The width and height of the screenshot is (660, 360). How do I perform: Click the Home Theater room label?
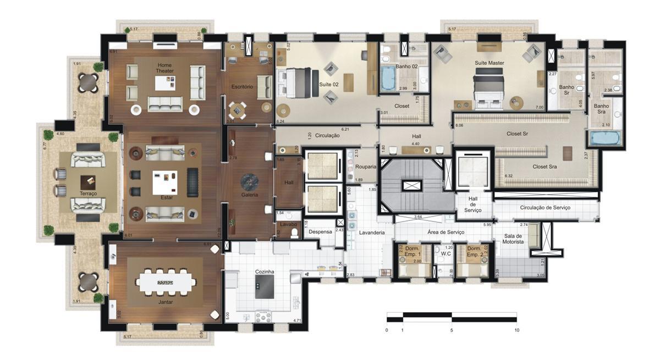click(x=164, y=68)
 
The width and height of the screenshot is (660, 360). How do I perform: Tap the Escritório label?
click(x=242, y=87)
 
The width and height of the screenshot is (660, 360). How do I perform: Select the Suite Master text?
click(x=490, y=63)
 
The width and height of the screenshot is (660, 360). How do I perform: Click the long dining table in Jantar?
click(x=166, y=282)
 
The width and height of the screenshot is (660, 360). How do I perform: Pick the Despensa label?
click(x=320, y=232)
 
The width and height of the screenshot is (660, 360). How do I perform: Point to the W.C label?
click(x=446, y=254)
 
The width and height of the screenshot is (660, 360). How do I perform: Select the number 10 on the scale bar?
click(x=516, y=330)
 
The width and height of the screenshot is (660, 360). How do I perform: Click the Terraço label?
click(x=88, y=194)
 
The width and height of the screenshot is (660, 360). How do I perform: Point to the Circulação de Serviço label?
click(x=545, y=208)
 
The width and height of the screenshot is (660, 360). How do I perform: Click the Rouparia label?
click(x=366, y=167)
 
